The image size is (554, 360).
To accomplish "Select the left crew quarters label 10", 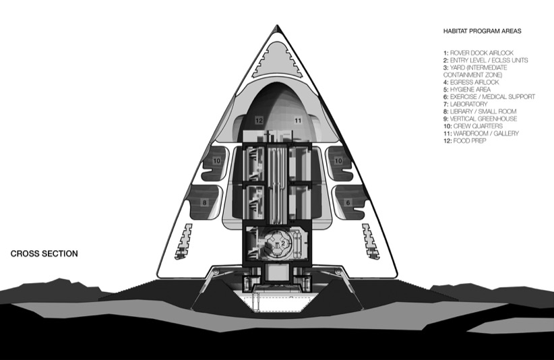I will pyautogui.click(x=217, y=161).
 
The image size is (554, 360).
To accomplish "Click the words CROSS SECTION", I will pyautogui.click(x=44, y=254).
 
